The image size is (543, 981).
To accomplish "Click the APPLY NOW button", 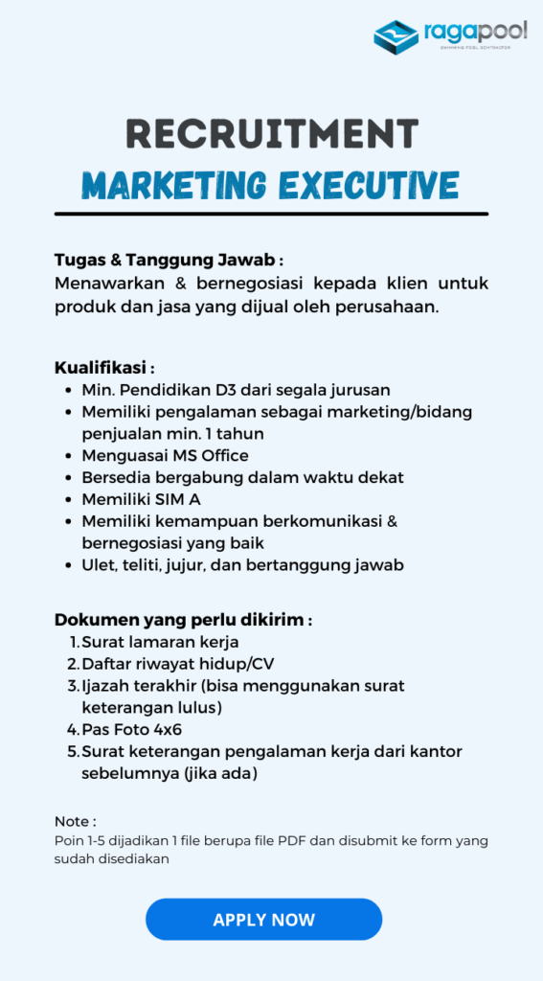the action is point(263,920).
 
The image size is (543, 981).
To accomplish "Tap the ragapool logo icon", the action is point(396,35).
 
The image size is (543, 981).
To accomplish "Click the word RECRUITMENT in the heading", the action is point(272,134).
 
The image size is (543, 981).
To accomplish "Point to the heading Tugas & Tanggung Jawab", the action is point(169,261).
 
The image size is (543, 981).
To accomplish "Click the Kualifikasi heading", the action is point(104,368).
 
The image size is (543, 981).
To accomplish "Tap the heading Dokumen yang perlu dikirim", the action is point(183,620).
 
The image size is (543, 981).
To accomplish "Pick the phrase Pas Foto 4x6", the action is point(132,729).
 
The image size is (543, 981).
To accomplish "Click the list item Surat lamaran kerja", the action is point(160,642).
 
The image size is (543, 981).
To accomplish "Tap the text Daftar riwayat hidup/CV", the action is point(178,663).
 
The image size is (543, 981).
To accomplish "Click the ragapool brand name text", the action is point(474,33).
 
